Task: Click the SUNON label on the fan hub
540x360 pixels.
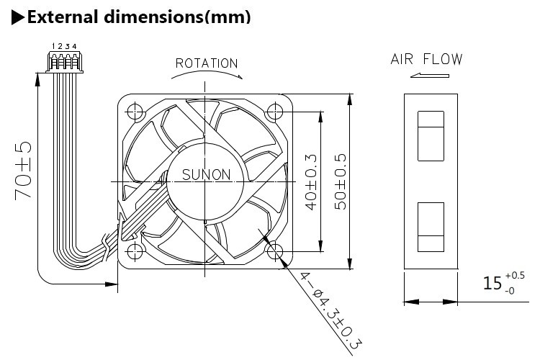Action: click(206, 174)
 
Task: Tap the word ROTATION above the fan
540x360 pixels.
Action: click(207, 63)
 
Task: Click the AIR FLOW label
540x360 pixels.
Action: click(426, 59)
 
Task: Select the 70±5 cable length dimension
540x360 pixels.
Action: click(24, 171)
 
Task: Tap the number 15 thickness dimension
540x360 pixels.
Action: click(492, 283)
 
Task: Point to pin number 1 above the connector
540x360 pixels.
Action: click(53, 47)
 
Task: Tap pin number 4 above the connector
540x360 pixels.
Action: click(74, 47)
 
